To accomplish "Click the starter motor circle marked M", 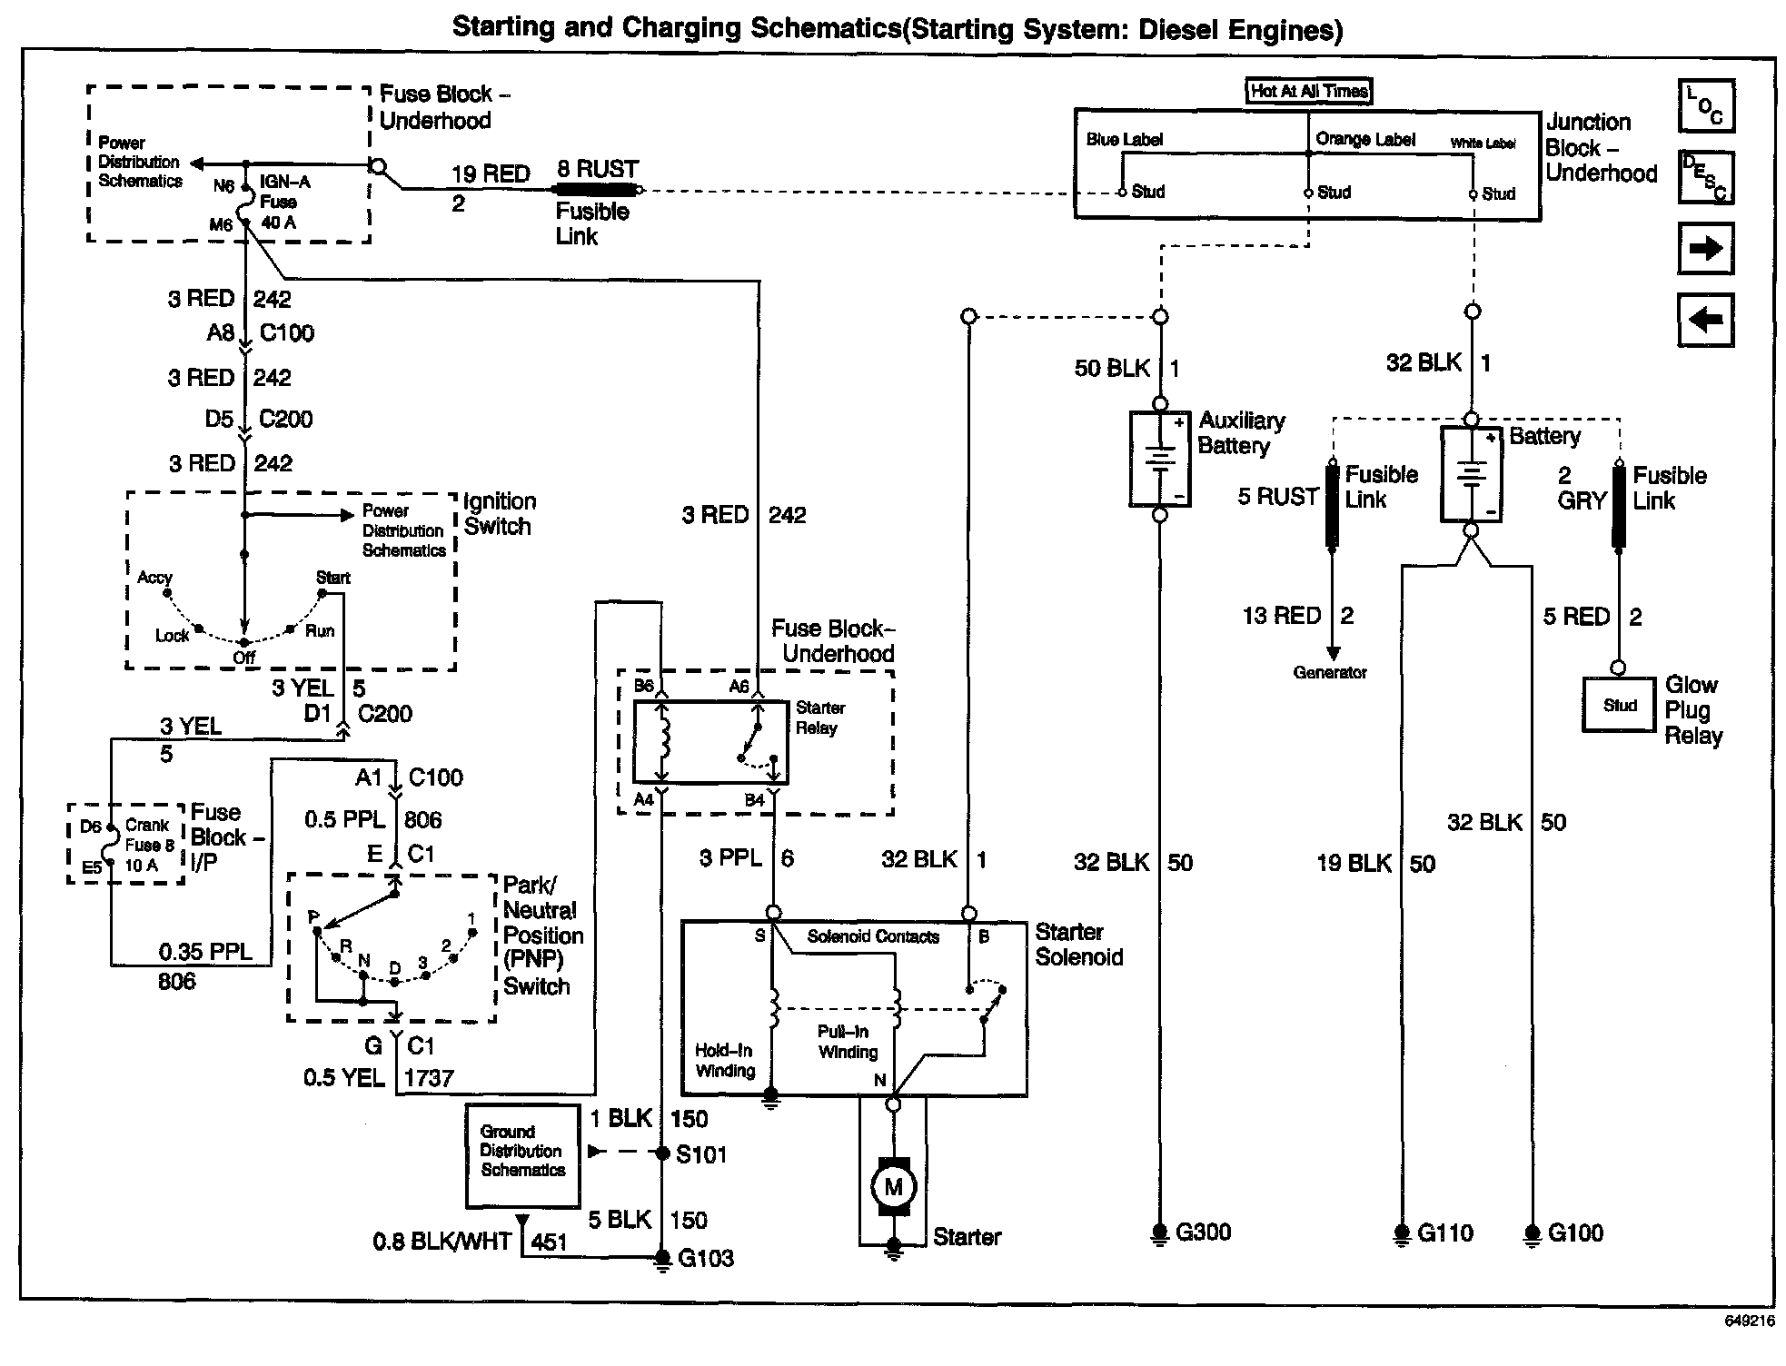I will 894,1185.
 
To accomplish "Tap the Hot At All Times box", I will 1308,91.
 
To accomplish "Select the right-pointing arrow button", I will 1705,248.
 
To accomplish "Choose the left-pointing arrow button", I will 1705,320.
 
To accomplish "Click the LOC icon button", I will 1705,105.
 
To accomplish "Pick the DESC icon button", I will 1705,177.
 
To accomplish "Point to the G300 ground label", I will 1203,1232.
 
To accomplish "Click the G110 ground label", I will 1444,1233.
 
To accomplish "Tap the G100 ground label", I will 1575,1233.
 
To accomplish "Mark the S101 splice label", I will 701,1154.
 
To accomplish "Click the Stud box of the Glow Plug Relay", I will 1619,705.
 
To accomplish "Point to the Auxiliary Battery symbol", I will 1159,459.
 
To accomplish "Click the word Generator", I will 1330,673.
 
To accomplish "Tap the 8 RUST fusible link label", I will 598,170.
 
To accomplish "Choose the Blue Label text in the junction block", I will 1125,139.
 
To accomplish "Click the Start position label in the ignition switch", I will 332,578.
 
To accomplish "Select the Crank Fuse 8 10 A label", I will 149,845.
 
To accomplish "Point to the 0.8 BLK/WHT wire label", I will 442,1242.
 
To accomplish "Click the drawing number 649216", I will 1749,1321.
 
